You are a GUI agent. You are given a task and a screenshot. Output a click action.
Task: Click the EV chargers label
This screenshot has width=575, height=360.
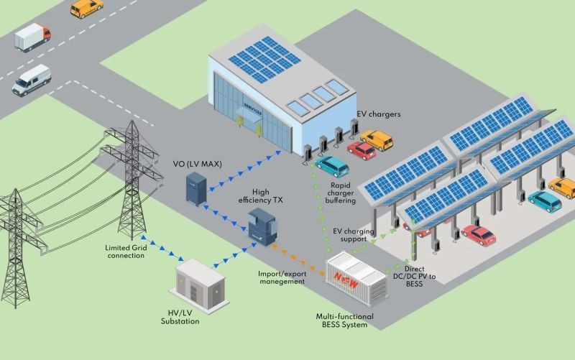379,114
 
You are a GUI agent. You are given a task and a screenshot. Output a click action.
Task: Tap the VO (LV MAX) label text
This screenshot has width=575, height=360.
197,164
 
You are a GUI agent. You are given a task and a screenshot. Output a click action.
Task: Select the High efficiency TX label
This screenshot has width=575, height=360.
260,196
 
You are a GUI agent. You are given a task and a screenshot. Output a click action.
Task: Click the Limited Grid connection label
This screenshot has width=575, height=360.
126,251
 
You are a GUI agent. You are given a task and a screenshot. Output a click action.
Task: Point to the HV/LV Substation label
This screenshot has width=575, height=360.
180,317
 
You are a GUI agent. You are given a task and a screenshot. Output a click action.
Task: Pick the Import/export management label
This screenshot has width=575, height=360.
282,277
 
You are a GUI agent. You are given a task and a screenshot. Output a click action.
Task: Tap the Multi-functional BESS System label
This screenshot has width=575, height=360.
345,320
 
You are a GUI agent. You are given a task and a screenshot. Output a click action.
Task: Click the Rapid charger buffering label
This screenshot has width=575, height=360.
340,193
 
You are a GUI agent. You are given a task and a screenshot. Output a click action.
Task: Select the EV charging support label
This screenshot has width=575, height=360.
354,235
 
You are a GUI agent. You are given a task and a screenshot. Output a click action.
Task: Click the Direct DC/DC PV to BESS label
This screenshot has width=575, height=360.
415,276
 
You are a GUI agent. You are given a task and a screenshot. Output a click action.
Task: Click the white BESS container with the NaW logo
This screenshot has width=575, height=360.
356,278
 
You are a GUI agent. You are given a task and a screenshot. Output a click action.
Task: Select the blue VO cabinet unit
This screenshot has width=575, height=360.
196,188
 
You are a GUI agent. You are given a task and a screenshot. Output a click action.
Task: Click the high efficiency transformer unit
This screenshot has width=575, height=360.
262,227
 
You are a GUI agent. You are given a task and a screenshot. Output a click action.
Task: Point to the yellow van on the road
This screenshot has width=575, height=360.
86,8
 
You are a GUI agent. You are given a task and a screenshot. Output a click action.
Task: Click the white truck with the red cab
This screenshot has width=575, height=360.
32,37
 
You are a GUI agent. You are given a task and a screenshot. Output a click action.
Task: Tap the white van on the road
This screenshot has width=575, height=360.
32,80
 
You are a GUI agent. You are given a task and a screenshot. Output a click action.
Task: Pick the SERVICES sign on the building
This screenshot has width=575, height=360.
253,110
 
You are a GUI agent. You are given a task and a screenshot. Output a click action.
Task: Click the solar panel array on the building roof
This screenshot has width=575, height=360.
264,60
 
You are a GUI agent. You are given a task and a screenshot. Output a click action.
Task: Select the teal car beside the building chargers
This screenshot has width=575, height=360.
332,167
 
